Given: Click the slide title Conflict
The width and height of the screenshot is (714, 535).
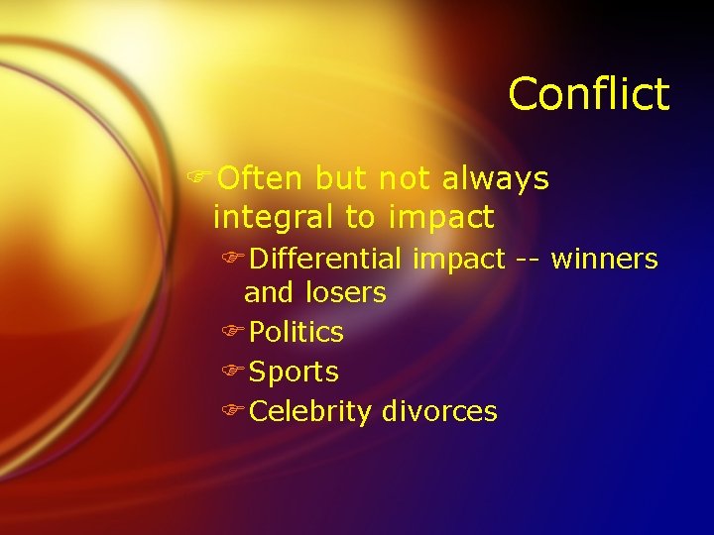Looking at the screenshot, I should point(589,95).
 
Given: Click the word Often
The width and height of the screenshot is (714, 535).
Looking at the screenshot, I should point(260,178).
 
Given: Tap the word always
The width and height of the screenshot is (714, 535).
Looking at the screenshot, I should point(495,178).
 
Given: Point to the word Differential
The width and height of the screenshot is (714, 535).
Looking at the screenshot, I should point(325,260).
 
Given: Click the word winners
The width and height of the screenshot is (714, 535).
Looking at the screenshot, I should point(604,260).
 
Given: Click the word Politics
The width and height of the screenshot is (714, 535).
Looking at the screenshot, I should point(296,332).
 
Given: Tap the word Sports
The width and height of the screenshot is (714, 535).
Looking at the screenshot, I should point(294,373).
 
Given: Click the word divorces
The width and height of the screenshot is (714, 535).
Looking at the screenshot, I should point(439,412).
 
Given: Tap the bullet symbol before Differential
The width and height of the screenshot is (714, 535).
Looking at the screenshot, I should point(234,260).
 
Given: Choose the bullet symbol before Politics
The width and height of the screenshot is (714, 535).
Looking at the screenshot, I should point(234,332).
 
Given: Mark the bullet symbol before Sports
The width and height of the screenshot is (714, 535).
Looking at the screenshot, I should point(234,373).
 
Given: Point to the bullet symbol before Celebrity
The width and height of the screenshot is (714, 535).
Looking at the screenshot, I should point(234,412).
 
